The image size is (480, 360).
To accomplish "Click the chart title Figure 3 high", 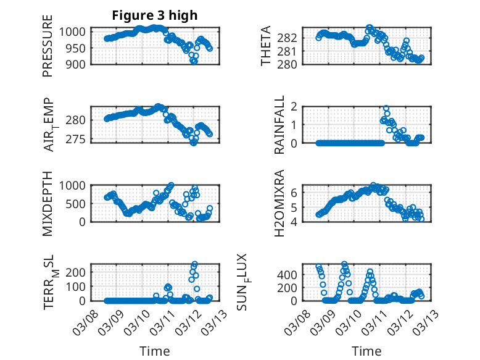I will pyautogui.click(x=155, y=15).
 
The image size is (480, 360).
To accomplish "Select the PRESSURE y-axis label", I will pyautogui.click(x=48, y=47).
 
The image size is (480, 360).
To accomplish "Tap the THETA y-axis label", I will pyautogui.click(x=266, y=46).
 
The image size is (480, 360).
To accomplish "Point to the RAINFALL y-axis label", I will pyautogui.click(x=279, y=125).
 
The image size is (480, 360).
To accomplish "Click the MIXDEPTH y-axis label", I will pyautogui.click(x=48, y=203).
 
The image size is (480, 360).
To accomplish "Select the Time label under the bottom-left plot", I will pyautogui.click(x=155, y=351).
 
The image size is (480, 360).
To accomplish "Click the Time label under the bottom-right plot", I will pyautogui.click(x=366, y=351).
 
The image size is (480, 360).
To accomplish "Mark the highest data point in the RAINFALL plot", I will pyautogui.click(x=386, y=108).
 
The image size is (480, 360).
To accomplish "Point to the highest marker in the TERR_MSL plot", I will pyautogui.click(x=195, y=264).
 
